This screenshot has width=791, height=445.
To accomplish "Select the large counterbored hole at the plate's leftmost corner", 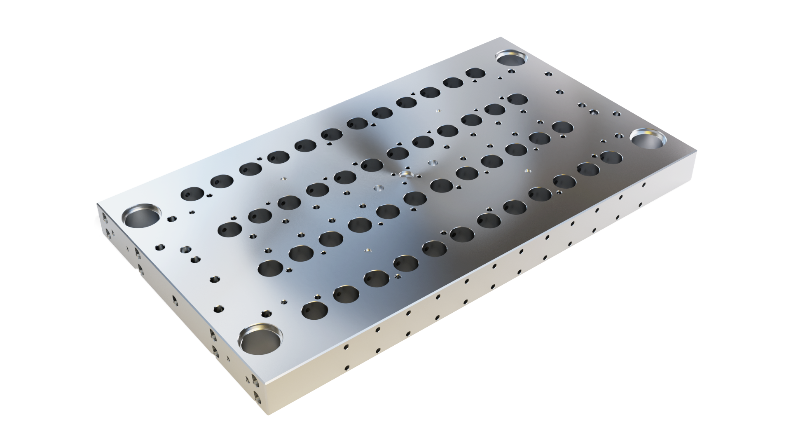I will [141, 217].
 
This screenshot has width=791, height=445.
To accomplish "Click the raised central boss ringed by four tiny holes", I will [405, 175].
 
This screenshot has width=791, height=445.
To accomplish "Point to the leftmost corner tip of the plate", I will [97, 204].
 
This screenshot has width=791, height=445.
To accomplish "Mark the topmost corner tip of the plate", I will [502, 37].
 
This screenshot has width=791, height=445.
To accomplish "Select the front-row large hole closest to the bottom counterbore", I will [314, 310].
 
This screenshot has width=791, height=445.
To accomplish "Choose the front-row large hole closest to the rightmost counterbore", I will [611, 157].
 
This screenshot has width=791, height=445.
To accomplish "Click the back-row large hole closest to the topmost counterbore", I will [475, 73].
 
